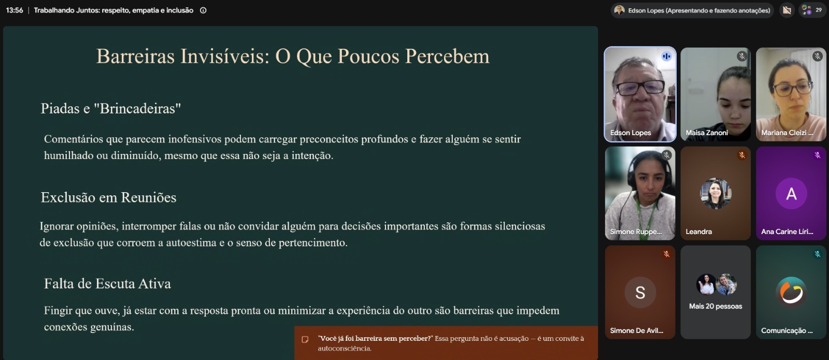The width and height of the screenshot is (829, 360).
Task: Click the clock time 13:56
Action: [15, 10]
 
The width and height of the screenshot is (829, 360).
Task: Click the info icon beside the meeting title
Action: [203, 10]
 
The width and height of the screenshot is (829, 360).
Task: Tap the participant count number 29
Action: [819, 10]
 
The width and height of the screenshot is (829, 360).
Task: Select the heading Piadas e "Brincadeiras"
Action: [111, 108]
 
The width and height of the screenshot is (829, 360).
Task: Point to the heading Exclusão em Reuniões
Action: [108, 197]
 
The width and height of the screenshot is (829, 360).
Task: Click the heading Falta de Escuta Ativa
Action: [107, 283]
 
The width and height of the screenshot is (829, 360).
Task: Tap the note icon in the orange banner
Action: [305, 339]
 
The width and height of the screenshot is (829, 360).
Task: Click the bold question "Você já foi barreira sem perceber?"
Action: [375, 338]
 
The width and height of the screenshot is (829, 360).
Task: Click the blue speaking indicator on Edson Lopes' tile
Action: [666, 56]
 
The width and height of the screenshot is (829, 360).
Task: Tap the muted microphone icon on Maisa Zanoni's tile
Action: [741, 56]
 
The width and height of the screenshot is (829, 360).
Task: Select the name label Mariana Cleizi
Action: [787, 133]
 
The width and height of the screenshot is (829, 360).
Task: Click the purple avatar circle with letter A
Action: [791, 194]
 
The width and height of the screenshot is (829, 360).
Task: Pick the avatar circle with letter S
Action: [640, 292]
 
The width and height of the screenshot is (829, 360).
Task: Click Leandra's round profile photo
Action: [716, 194]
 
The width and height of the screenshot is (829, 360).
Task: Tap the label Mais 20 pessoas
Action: [716, 306]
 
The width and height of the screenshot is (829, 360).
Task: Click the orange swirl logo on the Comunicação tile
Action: [791, 292]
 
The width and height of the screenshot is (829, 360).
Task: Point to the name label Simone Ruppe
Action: [635, 232]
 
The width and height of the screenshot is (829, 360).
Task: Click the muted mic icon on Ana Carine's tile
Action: [817, 155]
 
